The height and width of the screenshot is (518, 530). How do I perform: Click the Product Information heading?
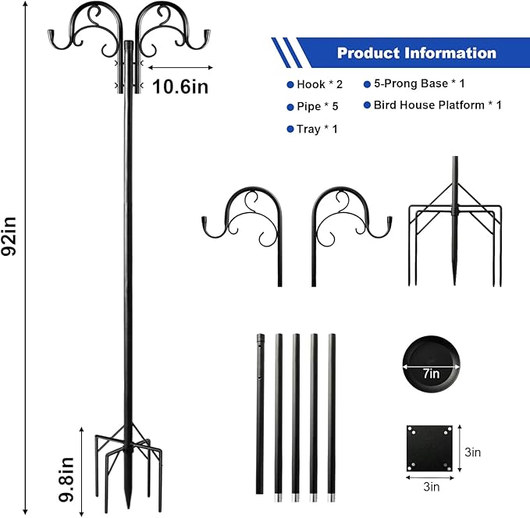(416, 53)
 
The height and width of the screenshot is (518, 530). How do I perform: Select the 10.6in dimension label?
(181, 86)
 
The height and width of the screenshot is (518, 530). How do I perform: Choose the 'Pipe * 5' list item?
(316, 107)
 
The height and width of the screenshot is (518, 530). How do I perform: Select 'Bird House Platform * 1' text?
(437, 105)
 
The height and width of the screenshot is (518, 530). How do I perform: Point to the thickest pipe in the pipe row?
(260, 413)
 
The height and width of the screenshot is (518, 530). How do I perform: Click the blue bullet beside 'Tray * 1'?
(289, 129)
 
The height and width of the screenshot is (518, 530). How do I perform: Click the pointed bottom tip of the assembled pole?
(127, 508)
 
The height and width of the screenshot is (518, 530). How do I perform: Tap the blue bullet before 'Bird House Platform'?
(366, 105)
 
